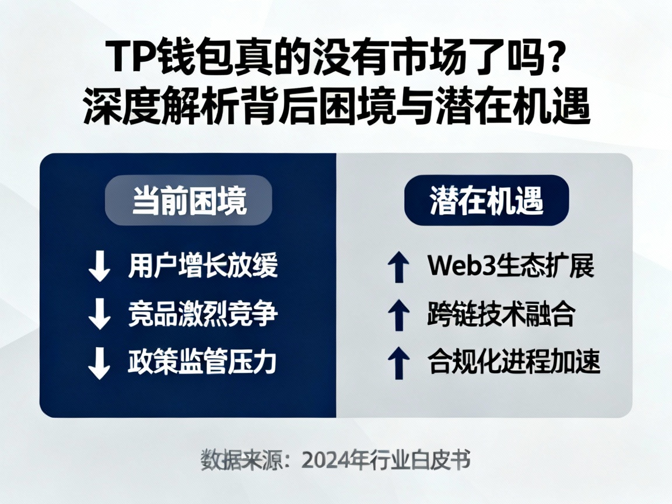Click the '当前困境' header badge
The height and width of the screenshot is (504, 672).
188,200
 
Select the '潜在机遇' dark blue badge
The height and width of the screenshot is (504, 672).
487,200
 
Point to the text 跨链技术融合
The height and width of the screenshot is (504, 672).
501,315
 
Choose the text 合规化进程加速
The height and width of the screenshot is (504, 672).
514,363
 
